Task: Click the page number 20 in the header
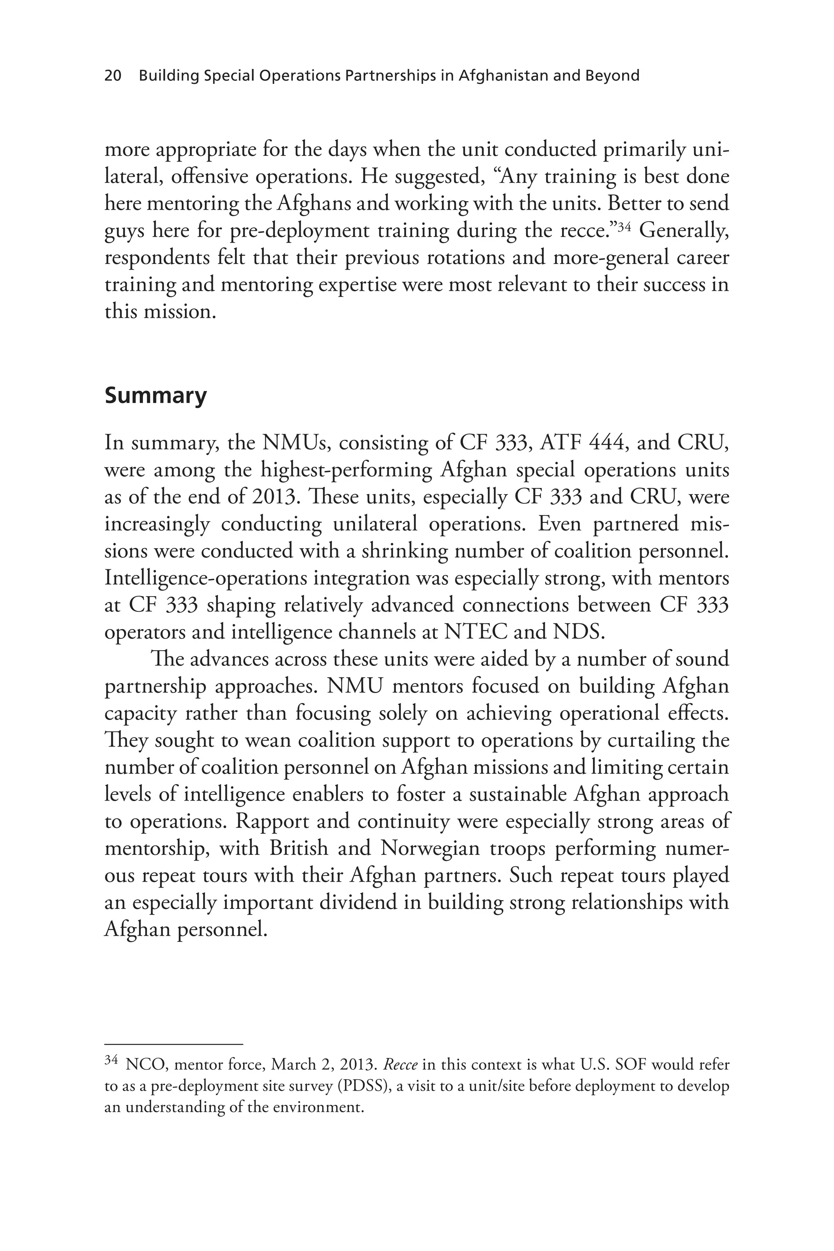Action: pos(113,76)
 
